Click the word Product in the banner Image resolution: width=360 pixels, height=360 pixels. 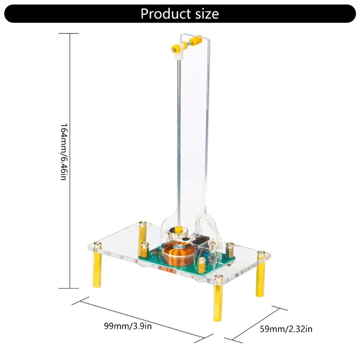coord(163,13)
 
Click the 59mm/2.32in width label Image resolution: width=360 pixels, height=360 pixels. coord(286,329)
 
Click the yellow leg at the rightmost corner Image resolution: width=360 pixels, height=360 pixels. coord(260,280)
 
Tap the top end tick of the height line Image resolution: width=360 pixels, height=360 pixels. coord(71,33)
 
